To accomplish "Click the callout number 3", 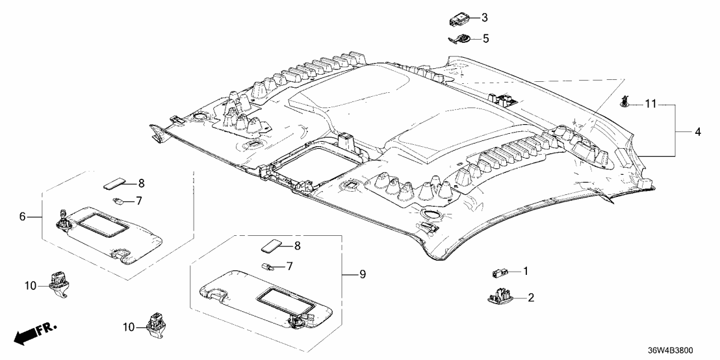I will click(484, 17).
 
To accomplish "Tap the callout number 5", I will click(484, 39).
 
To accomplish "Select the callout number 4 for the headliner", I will click(698, 132).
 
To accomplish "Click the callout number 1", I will click(526, 272).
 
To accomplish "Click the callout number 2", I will click(531, 298).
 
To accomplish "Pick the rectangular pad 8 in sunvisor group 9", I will click(271, 246).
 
